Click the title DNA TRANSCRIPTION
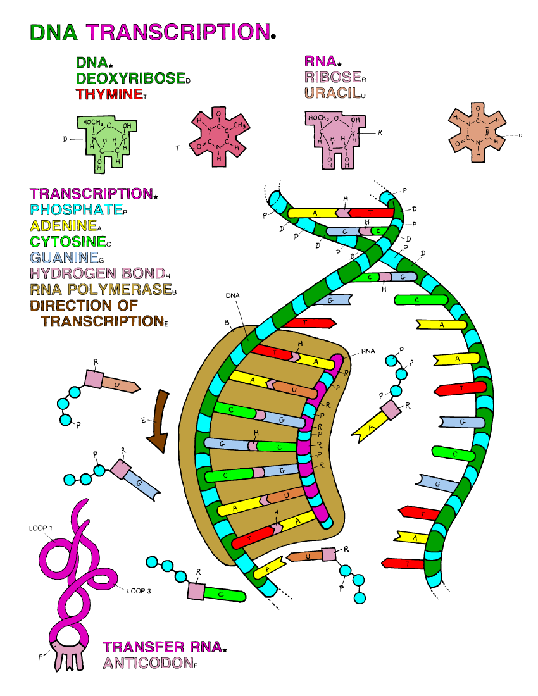[151, 32]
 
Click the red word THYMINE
[109, 94]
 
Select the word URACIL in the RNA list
[332, 93]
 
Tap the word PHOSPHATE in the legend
[77, 210]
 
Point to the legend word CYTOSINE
[68, 242]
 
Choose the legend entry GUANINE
[65, 258]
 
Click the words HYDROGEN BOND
[97, 273]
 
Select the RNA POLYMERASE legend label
[101, 290]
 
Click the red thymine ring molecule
[219, 136]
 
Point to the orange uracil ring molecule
[477, 132]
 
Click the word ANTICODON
[149, 663]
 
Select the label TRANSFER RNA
[163, 647]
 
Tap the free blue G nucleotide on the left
[135, 479]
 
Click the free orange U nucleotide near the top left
[111, 382]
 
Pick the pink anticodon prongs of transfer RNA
[68, 657]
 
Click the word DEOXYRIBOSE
[131, 78]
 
